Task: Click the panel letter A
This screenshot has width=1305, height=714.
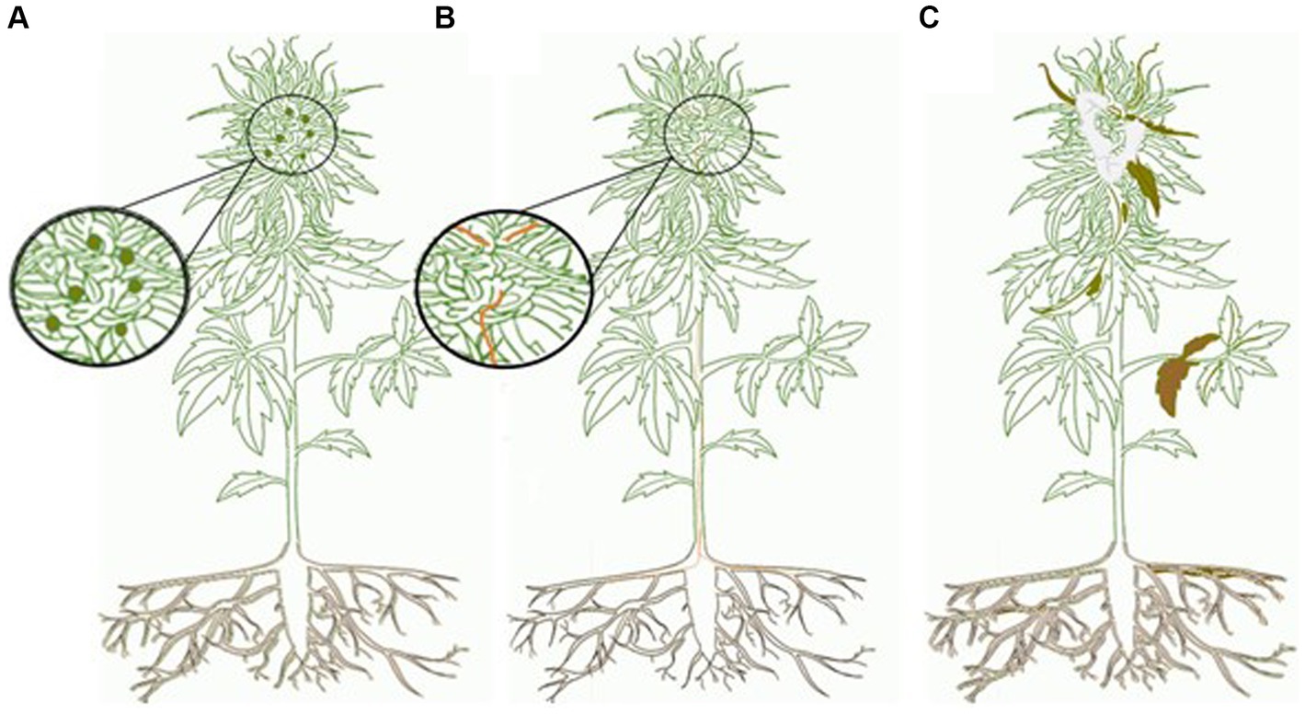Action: [x=18, y=17]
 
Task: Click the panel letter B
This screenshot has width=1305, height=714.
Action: [x=445, y=17]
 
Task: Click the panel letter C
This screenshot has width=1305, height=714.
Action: [x=929, y=17]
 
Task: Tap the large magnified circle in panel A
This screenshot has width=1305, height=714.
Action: [x=99, y=285]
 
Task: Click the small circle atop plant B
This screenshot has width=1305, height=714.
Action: [x=708, y=137]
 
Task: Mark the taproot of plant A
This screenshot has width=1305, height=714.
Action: [x=292, y=607]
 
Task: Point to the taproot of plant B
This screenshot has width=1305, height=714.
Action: [x=701, y=607]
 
